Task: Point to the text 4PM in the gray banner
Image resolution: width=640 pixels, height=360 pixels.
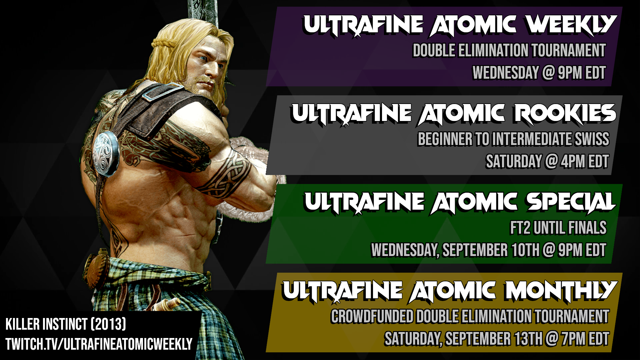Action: point(573,162)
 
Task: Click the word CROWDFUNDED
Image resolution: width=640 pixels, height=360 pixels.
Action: point(372,317)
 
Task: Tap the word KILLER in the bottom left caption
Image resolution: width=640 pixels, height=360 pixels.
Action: point(22,324)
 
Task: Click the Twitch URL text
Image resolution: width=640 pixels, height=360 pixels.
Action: point(99,344)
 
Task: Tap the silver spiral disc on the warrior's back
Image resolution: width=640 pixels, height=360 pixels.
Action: point(106,153)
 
